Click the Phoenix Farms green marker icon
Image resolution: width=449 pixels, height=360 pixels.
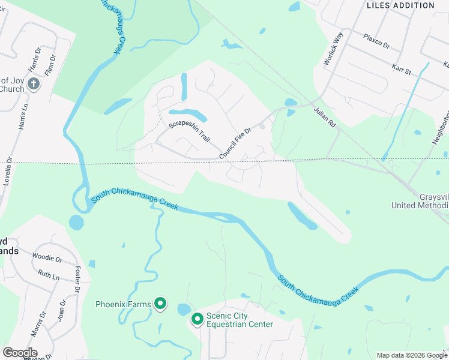(160, 304)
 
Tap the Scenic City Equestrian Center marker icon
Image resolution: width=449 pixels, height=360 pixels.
(197, 319)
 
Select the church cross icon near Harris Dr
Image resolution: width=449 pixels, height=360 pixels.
(34, 84)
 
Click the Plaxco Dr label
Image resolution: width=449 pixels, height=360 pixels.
(376, 41)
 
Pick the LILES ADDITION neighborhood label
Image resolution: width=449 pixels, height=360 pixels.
(400, 5)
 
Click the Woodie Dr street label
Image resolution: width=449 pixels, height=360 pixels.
(47, 259)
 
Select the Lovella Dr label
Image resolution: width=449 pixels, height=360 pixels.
(8, 172)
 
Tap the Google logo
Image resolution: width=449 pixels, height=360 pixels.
(20, 352)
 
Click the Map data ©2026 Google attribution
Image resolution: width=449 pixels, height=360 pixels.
(411, 355)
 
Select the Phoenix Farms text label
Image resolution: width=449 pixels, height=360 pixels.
(124, 305)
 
